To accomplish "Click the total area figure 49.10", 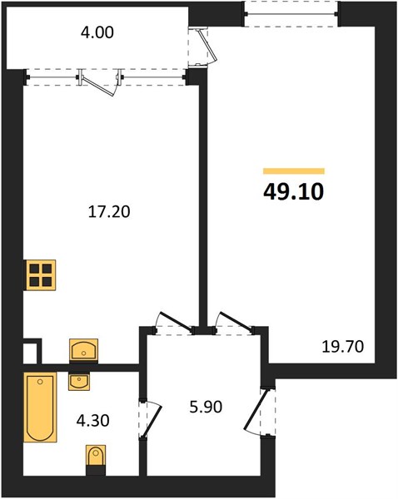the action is [293, 191].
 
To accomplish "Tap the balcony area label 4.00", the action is [97, 32].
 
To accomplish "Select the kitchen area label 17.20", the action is [109, 211].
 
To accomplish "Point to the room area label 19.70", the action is [342, 347].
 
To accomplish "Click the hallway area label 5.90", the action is [206, 407].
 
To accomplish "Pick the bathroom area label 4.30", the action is [92, 420].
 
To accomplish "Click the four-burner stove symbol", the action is [41, 275].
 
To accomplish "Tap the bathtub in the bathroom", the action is [40, 407].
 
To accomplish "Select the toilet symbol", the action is [96, 457].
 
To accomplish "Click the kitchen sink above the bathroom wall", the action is [83, 350].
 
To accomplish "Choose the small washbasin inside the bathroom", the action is [79, 382].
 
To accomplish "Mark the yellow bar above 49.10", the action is [293, 171].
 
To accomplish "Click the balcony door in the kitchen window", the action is [99, 82].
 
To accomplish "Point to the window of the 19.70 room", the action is [291, 13].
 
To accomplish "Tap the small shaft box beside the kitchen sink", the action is [32, 351].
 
